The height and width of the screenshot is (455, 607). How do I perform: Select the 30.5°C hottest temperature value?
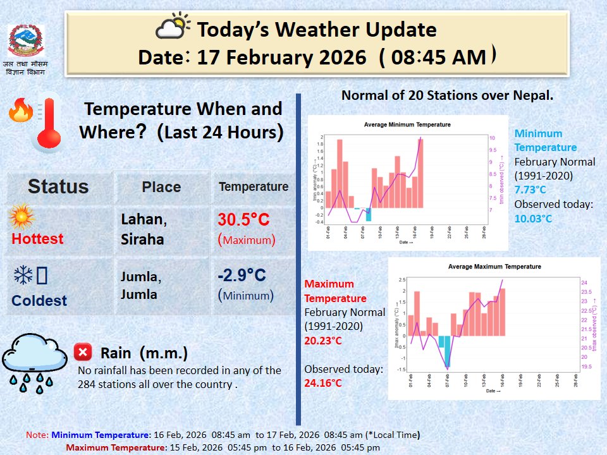click(243, 220)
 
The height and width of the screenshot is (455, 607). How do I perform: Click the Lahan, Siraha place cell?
click(144, 229)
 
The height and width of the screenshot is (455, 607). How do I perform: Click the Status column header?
click(58, 186)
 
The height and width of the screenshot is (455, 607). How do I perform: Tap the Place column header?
click(161, 187)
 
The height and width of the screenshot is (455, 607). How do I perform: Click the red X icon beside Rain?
click(83, 351)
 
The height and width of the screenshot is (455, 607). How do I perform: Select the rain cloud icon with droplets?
click(33, 361)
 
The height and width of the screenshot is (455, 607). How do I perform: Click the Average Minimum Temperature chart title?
click(407, 124)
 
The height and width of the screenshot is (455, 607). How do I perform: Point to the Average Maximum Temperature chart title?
click(494, 267)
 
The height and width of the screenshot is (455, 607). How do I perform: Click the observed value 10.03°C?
click(533, 219)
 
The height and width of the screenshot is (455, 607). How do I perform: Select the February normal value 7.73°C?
click(530, 190)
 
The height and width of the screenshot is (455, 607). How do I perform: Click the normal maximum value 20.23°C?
click(323, 341)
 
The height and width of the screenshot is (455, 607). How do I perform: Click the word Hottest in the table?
click(37, 239)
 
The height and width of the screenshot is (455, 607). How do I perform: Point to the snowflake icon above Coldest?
click(23, 276)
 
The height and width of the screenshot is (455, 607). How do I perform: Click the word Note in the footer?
click(36, 435)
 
